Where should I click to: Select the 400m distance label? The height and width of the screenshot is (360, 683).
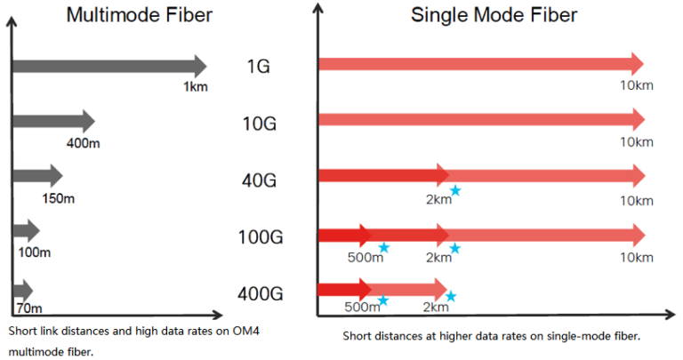tap(83, 142)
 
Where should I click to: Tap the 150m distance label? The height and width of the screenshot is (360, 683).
tap(58, 197)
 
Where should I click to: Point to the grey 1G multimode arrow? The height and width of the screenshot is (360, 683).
tap(107, 65)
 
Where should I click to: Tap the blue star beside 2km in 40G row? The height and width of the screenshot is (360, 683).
tap(455, 190)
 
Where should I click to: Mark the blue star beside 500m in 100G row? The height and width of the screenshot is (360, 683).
tap(383, 248)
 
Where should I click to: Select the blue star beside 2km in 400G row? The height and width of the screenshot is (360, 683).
tap(451, 297)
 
